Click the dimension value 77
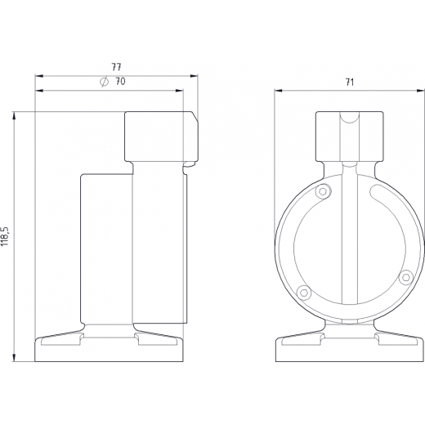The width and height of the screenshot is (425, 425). [x=116, y=67]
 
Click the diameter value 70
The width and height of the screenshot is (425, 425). [x=120, y=81]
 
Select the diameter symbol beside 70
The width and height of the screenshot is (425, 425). [x=104, y=82]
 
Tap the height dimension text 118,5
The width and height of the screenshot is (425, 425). [x=6, y=236]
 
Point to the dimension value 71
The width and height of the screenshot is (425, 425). [x=350, y=82]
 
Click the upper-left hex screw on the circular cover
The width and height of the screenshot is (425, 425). [x=323, y=191]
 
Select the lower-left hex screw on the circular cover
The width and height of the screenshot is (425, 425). [x=303, y=293]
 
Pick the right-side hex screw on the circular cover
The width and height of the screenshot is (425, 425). [x=405, y=278]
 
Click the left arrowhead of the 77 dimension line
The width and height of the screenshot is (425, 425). [x=39, y=76]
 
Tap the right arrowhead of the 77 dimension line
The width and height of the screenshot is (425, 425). [x=194, y=76]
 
